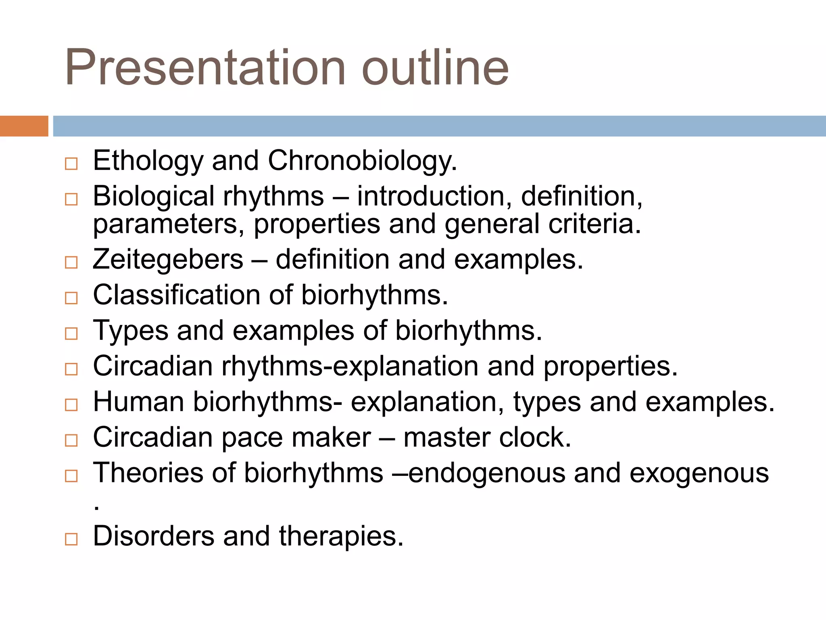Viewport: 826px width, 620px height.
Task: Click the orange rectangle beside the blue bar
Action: click(x=24, y=126)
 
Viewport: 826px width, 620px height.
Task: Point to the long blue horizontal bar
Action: click(x=439, y=126)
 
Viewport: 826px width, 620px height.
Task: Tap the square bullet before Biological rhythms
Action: click(x=71, y=199)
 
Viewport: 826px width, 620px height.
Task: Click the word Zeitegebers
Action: click(x=168, y=259)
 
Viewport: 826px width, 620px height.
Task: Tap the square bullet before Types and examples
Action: click(x=71, y=333)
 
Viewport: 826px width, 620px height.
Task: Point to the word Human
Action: click(x=138, y=402)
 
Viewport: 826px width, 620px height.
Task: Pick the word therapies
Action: click(x=341, y=537)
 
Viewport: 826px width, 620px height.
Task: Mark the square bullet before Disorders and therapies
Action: click(x=71, y=539)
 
